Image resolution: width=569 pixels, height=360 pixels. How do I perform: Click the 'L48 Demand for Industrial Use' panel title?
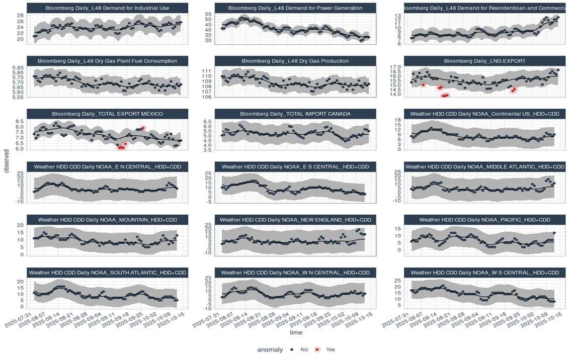click(x=107, y=8)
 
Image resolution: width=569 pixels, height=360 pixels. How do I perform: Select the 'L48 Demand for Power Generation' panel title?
click(x=295, y=8)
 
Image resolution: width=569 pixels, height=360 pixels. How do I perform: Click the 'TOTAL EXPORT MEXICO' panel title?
click(x=107, y=114)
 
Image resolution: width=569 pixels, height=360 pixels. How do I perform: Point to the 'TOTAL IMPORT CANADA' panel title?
click(x=295, y=114)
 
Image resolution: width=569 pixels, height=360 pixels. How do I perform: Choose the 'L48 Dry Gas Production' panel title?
click(x=295, y=61)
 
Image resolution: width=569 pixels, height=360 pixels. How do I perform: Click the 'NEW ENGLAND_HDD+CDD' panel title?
click(x=295, y=220)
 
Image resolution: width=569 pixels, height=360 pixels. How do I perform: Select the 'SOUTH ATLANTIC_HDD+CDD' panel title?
click(x=107, y=273)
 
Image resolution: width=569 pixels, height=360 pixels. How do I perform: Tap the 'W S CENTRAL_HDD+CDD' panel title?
click(x=484, y=273)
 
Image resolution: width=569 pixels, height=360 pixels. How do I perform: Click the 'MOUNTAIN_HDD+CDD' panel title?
click(x=107, y=220)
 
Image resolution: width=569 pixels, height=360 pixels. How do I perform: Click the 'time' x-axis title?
click(x=295, y=332)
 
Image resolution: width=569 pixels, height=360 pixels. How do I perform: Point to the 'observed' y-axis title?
click(x=7, y=161)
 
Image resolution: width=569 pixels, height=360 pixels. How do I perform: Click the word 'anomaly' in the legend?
click(x=270, y=349)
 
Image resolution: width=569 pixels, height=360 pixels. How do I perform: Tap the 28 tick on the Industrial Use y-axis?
click(x=20, y=16)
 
